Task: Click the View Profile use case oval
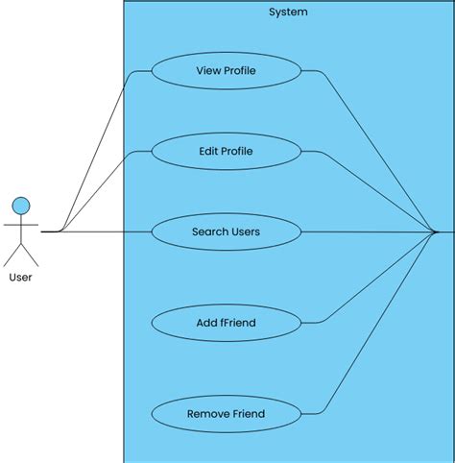[226, 70]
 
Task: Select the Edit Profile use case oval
[226, 151]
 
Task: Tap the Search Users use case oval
[226, 231]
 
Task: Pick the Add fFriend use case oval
[226, 323]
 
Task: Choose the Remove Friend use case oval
[226, 414]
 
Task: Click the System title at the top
[288, 12]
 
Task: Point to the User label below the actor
[20, 278]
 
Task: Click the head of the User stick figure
[20, 205]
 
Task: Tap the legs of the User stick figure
[20, 255]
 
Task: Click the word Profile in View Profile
[240, 70]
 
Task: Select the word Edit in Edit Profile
[208, 151]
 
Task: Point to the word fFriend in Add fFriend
[238, 323]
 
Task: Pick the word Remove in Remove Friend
[207, 414]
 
